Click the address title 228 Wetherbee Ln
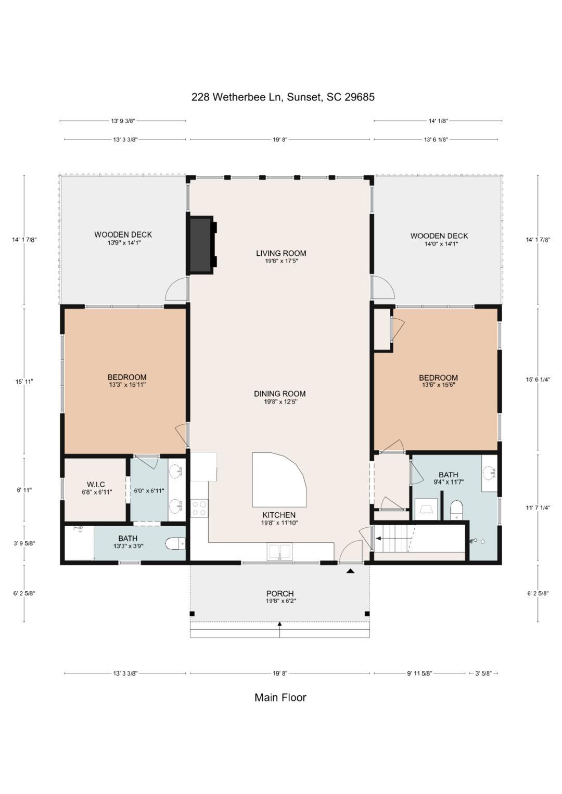(283, 97)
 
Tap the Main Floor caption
(280, 697)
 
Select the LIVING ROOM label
(281, 254)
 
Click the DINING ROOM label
(280, 394)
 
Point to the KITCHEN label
(279, 515)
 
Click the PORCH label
(280, 594)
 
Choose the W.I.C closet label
(96, 485)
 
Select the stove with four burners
(199, 508)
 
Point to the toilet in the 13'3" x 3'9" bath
(175, 544)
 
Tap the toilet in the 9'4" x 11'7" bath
(456, 509)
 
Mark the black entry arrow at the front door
(351, 571)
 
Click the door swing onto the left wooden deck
(176, 290)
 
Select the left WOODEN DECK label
(123, 235)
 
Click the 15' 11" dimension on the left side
(24, 382)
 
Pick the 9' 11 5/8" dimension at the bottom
(419, 673)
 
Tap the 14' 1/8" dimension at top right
(438, 121)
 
